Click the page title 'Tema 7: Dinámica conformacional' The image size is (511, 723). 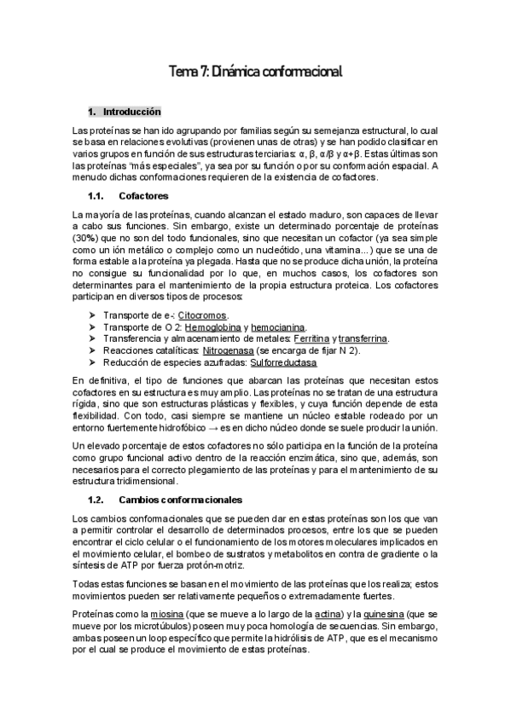pyautogui.click(x=255, y=74)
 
